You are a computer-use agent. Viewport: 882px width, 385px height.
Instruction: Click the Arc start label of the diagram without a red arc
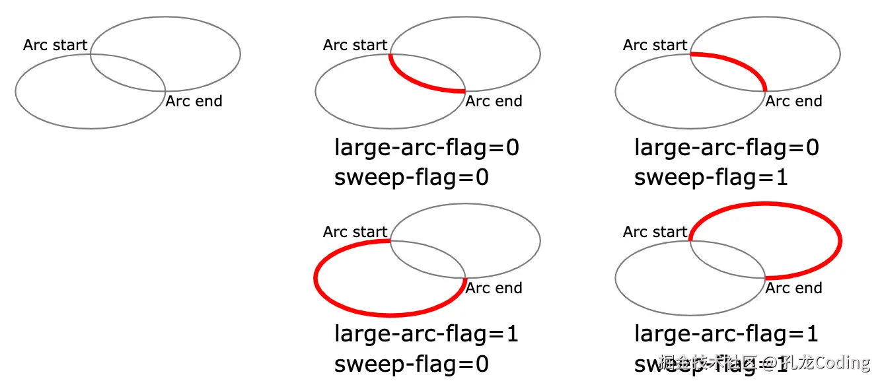(x=55, y=45)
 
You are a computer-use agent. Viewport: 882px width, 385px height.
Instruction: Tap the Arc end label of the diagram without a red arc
(x=194, y=101)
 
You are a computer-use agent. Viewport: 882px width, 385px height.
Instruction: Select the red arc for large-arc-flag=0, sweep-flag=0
(x=416, y=81)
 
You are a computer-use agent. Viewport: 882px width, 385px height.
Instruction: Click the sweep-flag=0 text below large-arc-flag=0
(x=411, y=178)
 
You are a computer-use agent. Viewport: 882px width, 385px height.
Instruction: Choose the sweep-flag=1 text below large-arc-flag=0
(x=711, y=178)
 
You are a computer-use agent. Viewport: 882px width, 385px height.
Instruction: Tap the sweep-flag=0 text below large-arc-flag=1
(x=411, y=365)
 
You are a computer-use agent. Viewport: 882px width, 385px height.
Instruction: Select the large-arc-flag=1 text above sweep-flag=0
(x=427, y=334)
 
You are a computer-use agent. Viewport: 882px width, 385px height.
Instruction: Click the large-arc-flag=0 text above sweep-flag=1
(x=727, y=147)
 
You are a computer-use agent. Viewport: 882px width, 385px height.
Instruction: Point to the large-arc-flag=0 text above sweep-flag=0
(x=427, y=147)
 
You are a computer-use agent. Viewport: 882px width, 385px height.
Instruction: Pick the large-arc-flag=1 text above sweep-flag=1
(x=727, y=334)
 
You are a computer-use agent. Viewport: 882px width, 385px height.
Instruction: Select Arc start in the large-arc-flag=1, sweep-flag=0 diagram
(x=355, y=232)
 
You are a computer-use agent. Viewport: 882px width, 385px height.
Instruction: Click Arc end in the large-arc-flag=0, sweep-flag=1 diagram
(x=793, y=101)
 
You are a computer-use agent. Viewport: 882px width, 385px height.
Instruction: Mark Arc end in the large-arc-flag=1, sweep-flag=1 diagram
(x=793, y=288)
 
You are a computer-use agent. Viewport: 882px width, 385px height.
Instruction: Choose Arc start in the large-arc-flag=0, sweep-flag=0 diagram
(x=355, y=45)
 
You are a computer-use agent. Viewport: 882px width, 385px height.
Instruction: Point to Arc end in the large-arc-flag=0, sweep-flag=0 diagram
(x=494, y=101)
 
